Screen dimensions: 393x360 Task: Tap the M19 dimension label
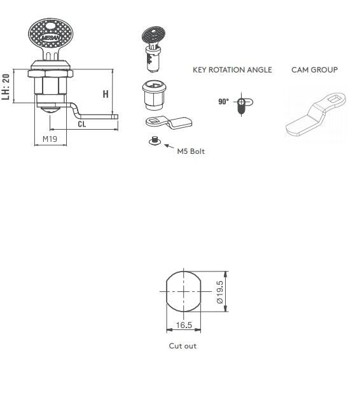pyautogui.click(x=50, y=139)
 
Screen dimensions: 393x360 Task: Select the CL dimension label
pyautogui.click(x=82, y=124)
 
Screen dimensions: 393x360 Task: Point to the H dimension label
pyautogui.click(x=106, y=94)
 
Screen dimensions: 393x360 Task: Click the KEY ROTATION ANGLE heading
pyautogui.click(x=232, y=70)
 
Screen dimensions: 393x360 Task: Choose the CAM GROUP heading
pyautogui.click(x=314, y=70)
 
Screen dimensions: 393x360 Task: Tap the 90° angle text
pyautogui.click(x=223, y=102)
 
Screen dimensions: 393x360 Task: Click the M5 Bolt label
pyautogui.click(x=191, y=151)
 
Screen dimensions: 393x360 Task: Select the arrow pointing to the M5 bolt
pyautogui.click(x=169, y=147)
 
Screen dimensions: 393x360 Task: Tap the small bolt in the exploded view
pyautogui.click(x=153, y=141)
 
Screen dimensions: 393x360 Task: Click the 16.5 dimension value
pyautogui.click(x=183, y=325)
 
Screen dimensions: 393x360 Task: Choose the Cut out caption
pyautogui.click(x=183, y=346)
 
